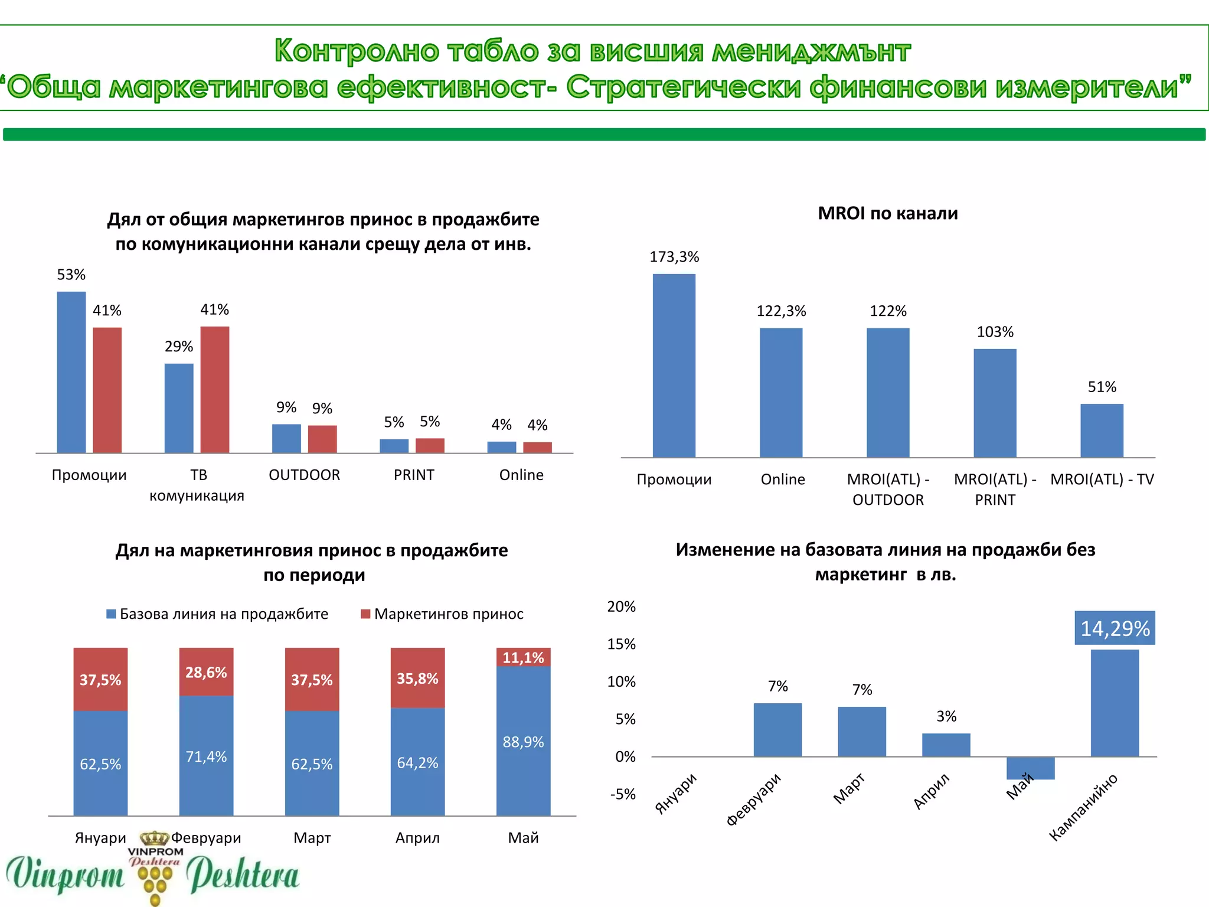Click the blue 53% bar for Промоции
pyautogui.click(x=71, y=372)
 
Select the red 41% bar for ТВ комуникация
pyautogui.click(x=214, y=390)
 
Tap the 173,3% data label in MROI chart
pyautogui.click(x=674, y=257)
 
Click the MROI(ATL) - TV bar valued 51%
pyautogui.click(x=1102, y=430)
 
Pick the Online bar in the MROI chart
pyautogui.click(x=780, y=393)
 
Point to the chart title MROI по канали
pyautogui.click(x=887, y=213)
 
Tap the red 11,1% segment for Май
pyautogui.click(x=523, y=657)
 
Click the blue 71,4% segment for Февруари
pyautogui.click(x=206, y=756)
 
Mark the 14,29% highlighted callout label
pyautogui.click(x=1115, y=628)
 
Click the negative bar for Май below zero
pyautogui.click(x=1030, y=768)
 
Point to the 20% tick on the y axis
pyautogui.click(x=621, y=607)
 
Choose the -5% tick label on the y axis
pyautogui.click(x=622, y=794)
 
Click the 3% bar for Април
pyautogui.click(x=946, y=745)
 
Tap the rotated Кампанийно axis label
pyautogui.click(x=1083, y=807)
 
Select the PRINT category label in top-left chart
pyautogui.click(x=414, y=475)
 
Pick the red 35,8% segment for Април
pyautogui.click(x=417, y=678)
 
